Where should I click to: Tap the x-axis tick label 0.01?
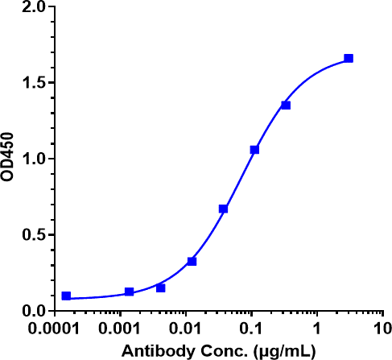(186, 330)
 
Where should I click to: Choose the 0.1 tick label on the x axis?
(251, 330)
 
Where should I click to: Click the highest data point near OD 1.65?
(349, 58)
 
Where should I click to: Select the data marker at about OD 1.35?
(286, 105)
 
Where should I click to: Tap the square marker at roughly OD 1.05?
(254, 150)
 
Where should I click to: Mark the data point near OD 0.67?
(223, 209)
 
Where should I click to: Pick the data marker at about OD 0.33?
(192, 261)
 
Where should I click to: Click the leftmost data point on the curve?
(66, 296)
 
